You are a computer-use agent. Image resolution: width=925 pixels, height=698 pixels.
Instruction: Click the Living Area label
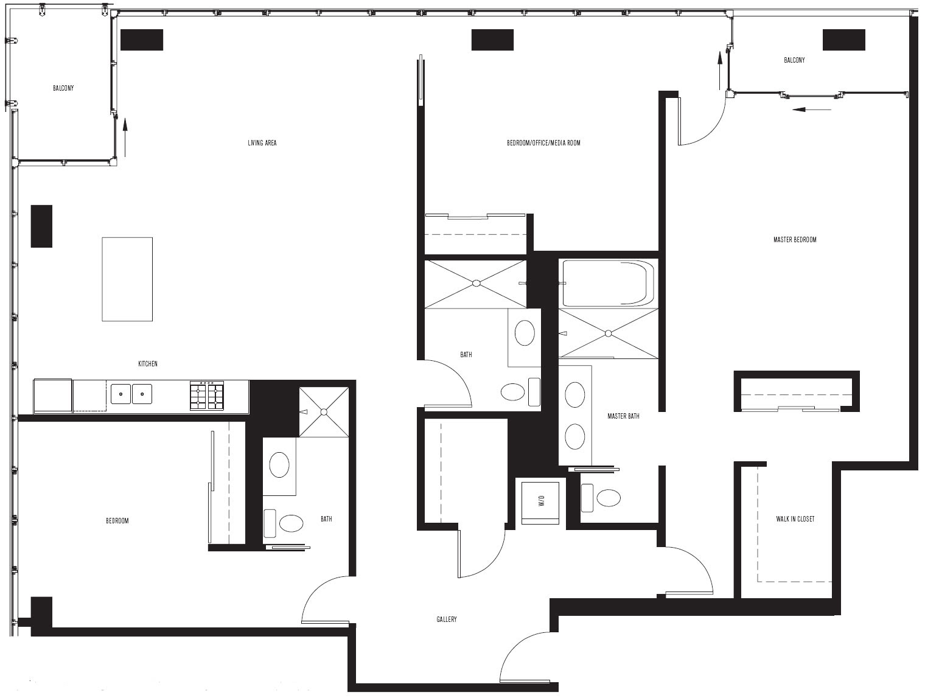point(262,143)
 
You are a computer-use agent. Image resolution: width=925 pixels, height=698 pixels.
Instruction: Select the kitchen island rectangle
point(127,279)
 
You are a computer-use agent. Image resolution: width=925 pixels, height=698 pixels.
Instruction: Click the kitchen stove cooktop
point(206,396)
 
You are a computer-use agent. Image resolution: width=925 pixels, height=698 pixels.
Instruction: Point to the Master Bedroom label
point(795,240)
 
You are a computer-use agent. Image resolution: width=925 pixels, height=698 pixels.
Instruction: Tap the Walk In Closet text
point(795,519)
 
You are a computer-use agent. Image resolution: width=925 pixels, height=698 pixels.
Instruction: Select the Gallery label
point(447,619)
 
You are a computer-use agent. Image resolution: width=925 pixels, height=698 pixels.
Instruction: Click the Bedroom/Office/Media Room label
point(543,143)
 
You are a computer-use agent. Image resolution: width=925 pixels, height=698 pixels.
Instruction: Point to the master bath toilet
point(601,498)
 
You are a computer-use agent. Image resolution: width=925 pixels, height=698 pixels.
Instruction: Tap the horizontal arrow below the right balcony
point(812,110)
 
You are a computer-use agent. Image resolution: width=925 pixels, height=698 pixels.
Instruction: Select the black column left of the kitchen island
point(41,226)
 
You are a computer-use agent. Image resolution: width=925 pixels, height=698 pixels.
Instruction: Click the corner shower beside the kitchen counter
point(324,412)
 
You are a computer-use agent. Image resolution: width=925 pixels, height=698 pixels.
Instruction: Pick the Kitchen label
point(148,363)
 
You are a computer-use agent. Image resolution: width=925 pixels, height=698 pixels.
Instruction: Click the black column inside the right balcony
point(844,40)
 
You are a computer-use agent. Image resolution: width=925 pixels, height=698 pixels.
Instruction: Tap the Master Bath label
point(623,416)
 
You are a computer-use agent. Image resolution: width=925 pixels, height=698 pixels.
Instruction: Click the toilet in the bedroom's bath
point(284,523)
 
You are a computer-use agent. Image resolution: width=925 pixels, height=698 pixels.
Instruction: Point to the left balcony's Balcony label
point(63,88)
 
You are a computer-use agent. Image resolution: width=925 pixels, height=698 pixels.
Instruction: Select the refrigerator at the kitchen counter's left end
point(53,396)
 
